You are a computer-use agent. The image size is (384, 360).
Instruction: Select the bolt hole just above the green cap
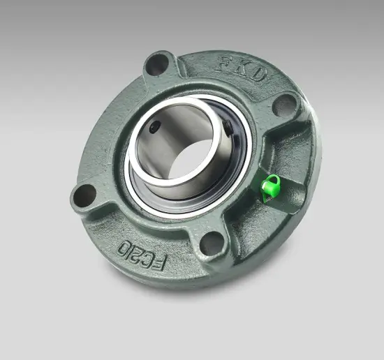[284, 104]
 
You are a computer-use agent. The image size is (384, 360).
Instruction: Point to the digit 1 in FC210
[128, 245]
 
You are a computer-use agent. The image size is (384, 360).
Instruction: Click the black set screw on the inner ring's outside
[230, 127]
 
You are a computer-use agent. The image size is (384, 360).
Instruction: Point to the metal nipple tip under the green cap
[265, 197]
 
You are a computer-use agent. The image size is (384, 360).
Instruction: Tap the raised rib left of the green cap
[253, 178]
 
